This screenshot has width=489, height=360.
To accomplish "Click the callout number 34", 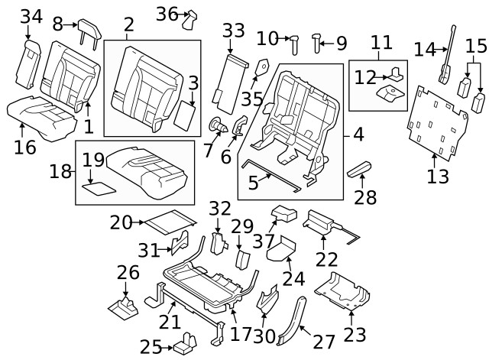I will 31,16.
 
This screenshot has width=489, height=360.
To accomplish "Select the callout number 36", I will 166,14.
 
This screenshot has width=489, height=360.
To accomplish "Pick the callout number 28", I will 365,198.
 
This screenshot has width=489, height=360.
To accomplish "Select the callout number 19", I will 93,160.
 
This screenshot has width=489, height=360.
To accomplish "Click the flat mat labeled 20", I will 167,222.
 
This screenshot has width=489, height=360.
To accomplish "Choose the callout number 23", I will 354,334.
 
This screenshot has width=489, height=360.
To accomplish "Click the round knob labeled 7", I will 219,124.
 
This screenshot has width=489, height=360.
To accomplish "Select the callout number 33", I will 233,31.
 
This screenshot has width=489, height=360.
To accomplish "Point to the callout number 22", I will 327,259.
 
